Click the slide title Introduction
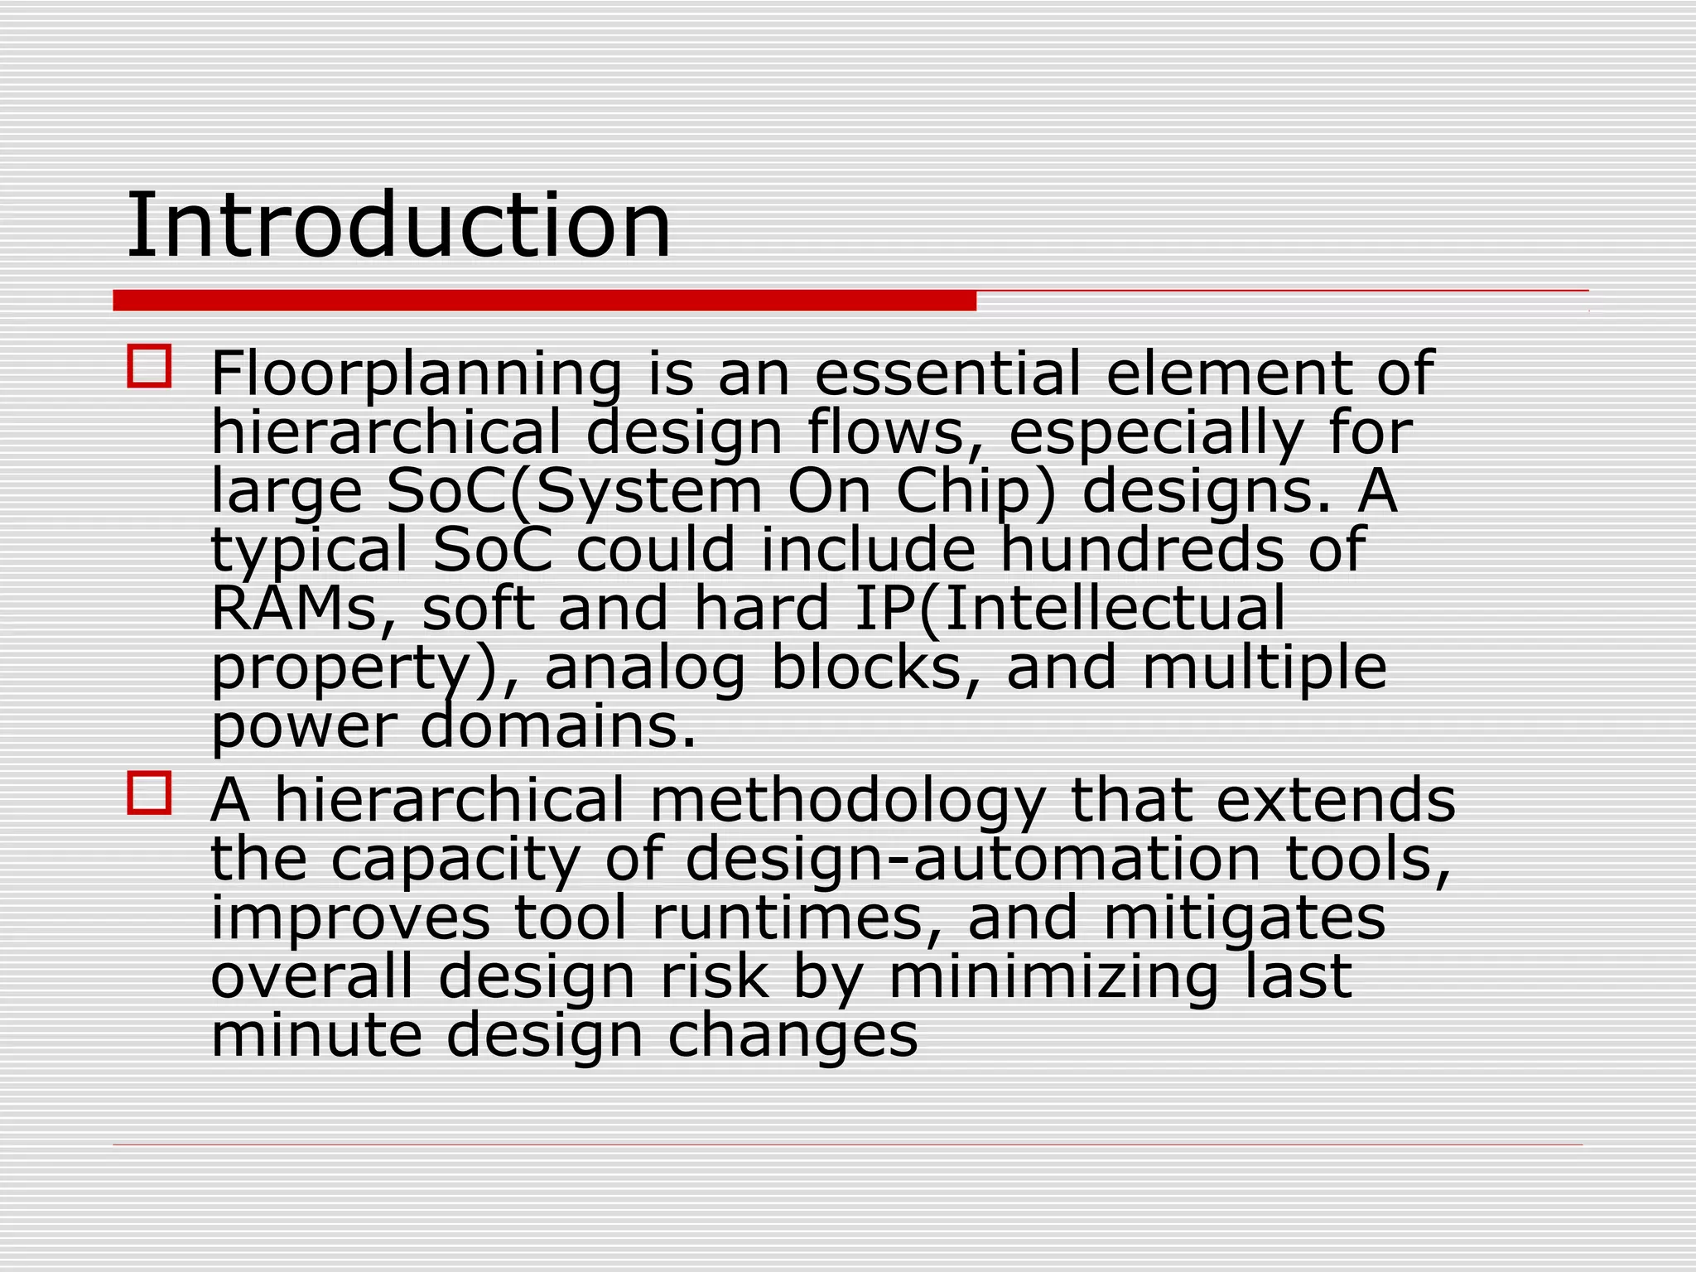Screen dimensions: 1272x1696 coord(397,224)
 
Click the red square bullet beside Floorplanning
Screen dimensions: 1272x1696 coord(149,366)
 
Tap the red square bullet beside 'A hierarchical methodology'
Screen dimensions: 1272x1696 coord(149,793)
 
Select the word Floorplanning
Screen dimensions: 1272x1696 coord(416,374)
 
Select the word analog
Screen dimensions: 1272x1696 coord(644,669)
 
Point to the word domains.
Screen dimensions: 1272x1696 coord(558,727)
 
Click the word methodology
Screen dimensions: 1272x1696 coord(847,802)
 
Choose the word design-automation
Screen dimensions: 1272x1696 coord(972,860)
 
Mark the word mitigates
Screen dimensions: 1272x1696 coord(1244,919)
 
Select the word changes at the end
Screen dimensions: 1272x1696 coord(793,1036)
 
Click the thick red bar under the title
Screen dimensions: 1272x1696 coord(544,301)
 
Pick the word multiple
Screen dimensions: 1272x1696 coord(1264,669)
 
